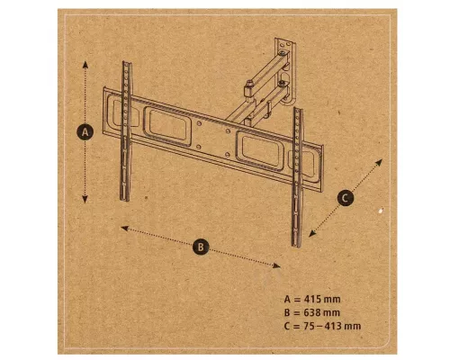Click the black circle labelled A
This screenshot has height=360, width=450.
(85, 132)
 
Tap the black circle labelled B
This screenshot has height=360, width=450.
(201, 247)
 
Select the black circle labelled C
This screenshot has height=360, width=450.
(346, 198)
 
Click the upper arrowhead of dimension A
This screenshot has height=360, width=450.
(85, 65)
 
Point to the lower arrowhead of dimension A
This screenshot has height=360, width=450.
(85, 200)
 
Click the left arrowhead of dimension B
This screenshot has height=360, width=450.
(124, 229)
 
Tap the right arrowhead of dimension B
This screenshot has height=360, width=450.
(276, 265)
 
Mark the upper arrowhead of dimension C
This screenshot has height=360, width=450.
(379, 162)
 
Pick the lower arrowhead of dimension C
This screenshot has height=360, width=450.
(312, 233)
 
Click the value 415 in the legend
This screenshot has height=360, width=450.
(313, 299)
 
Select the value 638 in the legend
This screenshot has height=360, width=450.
(313, 312)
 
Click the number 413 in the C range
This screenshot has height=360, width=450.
(333, 326)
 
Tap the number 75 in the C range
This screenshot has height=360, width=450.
(310, 326)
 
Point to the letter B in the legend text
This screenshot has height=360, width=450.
(287, 312)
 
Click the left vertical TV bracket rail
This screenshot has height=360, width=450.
(126, 131)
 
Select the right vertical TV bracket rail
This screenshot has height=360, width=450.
(297, 177)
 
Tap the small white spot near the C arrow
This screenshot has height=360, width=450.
(381, 211)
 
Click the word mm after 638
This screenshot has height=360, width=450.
(332, 313)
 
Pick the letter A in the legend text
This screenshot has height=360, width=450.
(287, 299)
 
